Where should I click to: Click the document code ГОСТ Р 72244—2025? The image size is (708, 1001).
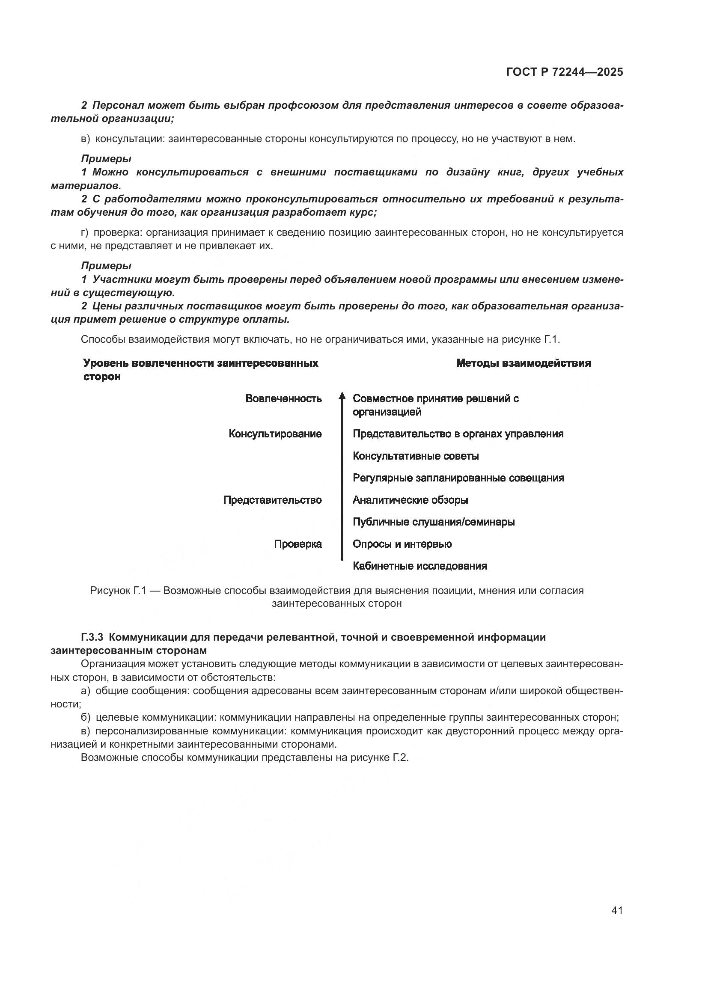565,72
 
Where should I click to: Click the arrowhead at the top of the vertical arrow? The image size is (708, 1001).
342,395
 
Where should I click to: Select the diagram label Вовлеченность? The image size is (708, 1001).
283,398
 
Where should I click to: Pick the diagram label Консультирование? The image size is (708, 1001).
275,434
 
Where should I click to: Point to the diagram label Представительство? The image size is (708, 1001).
273,500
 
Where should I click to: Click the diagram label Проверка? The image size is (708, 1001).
298,544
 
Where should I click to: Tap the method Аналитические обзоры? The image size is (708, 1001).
410,500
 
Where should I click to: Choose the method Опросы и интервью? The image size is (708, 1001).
402,544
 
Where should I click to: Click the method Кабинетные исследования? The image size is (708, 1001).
419,566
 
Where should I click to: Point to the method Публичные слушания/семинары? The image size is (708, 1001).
433,522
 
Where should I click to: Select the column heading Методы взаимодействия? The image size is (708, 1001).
523,363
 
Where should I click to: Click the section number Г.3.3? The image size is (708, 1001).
92,637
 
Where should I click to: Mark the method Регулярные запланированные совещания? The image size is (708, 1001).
458,478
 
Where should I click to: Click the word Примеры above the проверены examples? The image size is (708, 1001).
106,265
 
